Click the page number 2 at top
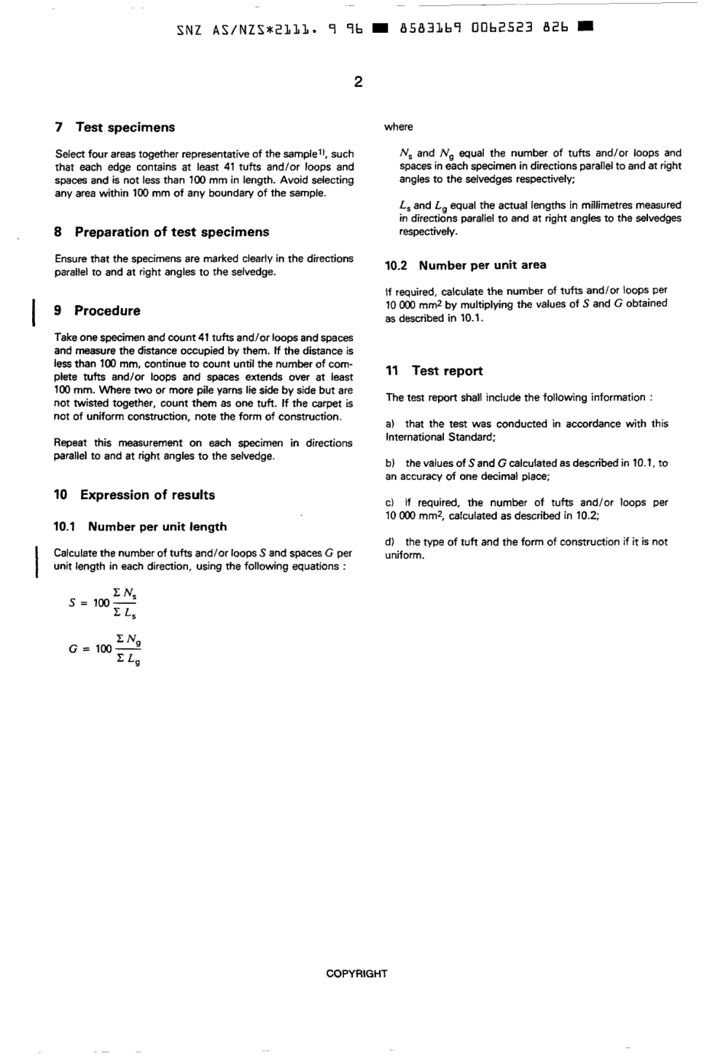click(x=358, y=82)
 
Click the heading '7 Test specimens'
click(x=115, y=128)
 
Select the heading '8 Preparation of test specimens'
click(x=161, y=232)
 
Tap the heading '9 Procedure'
click(x=97, y=310)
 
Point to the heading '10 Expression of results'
click(x=135, y=494)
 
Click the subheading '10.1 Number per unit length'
click(x=140, y=527)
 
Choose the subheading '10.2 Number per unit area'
click(x=465, y=265)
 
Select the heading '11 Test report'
click(x=434, y=371)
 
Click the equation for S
click(x=103, y=602)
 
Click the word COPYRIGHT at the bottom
click(x=356, y=974)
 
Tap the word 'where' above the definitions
click(x=398, y=127)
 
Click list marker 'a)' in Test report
click(x=391, y=424)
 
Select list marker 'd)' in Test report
click(x=391, y=542)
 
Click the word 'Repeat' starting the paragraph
click(x=70, y=443)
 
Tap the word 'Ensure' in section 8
click(x=71, y=259)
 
